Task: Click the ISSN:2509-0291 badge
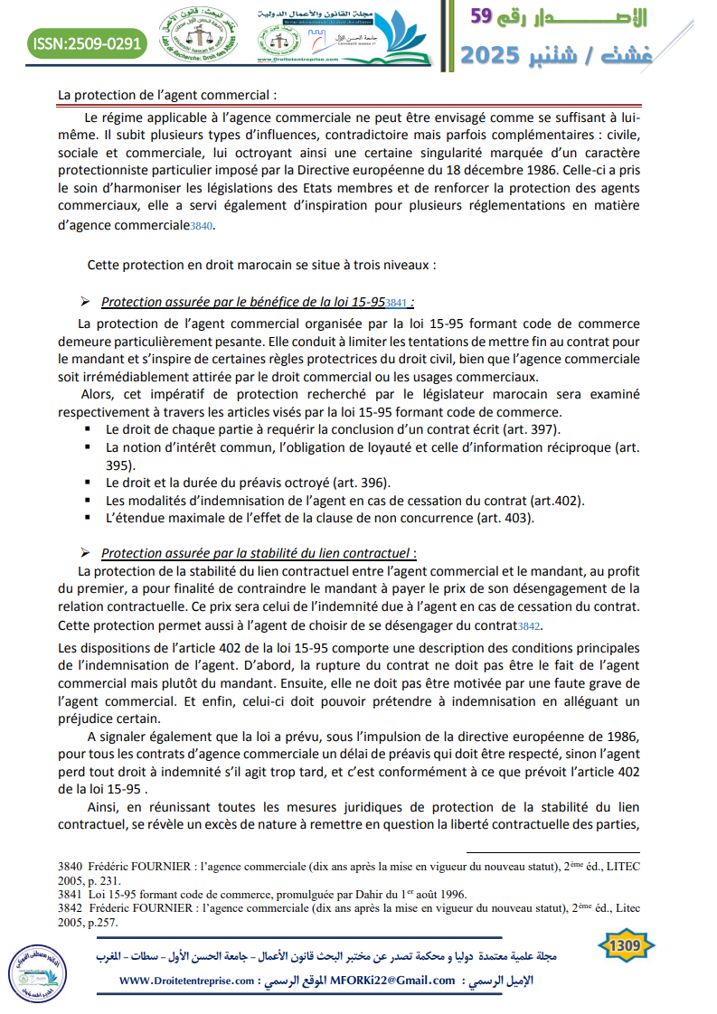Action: point(87,43)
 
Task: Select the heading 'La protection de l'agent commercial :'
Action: point(166,94)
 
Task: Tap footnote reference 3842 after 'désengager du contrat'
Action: point(529,625)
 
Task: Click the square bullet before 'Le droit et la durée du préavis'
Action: point(88,483)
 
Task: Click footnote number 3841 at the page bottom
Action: point(70,895)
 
